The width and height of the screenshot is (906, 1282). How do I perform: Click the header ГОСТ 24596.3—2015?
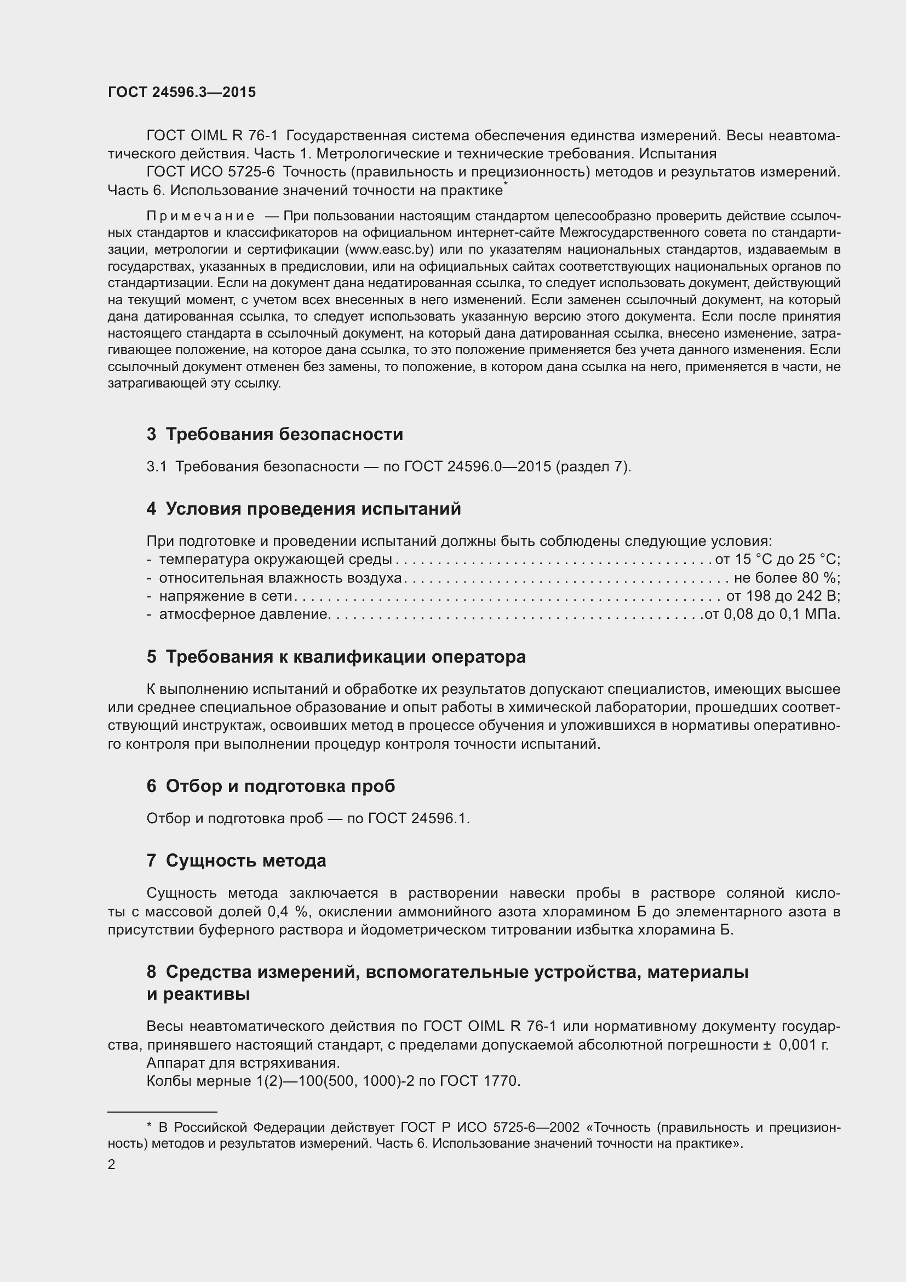click(x=182, y=92)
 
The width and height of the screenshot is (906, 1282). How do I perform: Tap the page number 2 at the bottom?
click(x=112, y=1165)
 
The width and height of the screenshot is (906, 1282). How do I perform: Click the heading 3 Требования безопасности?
click(x=274, y=434)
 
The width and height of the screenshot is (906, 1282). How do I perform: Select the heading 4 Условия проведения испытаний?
click(x=303, y=509)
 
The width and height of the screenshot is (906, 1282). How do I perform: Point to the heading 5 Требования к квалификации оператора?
click(x=336, y=657)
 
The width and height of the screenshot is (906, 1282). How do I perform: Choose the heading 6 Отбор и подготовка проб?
click(x=271, y=786)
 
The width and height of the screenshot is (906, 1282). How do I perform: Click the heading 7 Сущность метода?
click(x=236, y=861)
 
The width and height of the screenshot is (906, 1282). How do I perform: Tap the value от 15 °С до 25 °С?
click(x=777, y=559)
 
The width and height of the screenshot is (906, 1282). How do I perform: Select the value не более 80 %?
click(x=787, y=577)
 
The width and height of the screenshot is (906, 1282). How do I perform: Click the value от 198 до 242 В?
click(x=783, y=596)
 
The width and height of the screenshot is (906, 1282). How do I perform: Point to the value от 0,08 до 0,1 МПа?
click(x=772, y=614)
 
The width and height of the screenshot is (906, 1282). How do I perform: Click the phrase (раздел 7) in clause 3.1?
click(x=593, y=466)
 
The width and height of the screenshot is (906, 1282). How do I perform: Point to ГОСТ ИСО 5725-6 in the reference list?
click(x=211, y=172)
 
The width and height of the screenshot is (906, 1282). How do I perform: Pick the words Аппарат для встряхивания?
click(x=243, y=1063)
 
